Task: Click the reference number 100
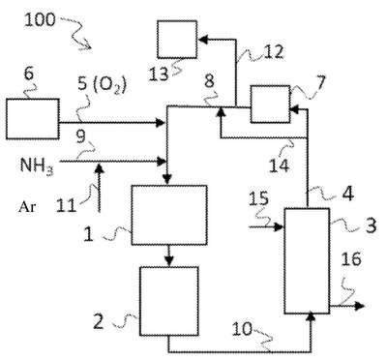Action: click(41, 20)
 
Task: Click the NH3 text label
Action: click(36, 165)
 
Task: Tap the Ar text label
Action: click(27, 207)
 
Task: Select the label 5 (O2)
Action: click(103, 85)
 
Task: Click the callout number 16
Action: click(351, 259)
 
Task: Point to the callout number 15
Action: click(258, 199)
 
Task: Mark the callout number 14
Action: click(280, 165)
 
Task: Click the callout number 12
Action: click(274, 52)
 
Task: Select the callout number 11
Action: click(66, 205)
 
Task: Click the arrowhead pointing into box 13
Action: click(203, 40)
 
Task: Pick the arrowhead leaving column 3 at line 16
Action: click(359, 306)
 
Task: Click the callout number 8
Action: click(209, 81)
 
